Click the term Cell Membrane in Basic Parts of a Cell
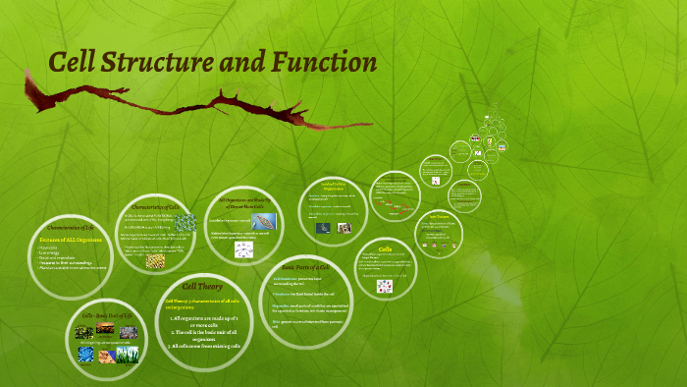click(x=287, y=279)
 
